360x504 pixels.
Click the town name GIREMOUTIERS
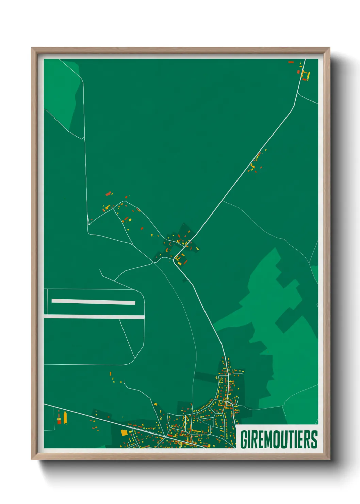click(x=279, y=439)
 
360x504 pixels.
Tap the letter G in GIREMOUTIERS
click(x=244, y=439)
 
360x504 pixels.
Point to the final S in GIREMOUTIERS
click(x=314, y=439)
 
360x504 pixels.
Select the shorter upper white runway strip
click(x=93, y=302)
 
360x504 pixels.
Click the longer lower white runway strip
click(x=94, y=317)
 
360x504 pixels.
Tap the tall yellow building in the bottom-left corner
click(x=65, y=418)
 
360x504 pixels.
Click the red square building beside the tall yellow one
click(x=59, y=422)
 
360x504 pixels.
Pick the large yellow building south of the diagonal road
click(x=124, y=432)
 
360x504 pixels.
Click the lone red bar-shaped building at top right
click(x=291, y=62)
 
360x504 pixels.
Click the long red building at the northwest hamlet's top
click(x=109, y=194)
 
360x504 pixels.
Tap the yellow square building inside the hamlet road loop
click(x=178, y=258)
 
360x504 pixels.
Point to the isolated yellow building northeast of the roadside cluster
click(x=265, y=150)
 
